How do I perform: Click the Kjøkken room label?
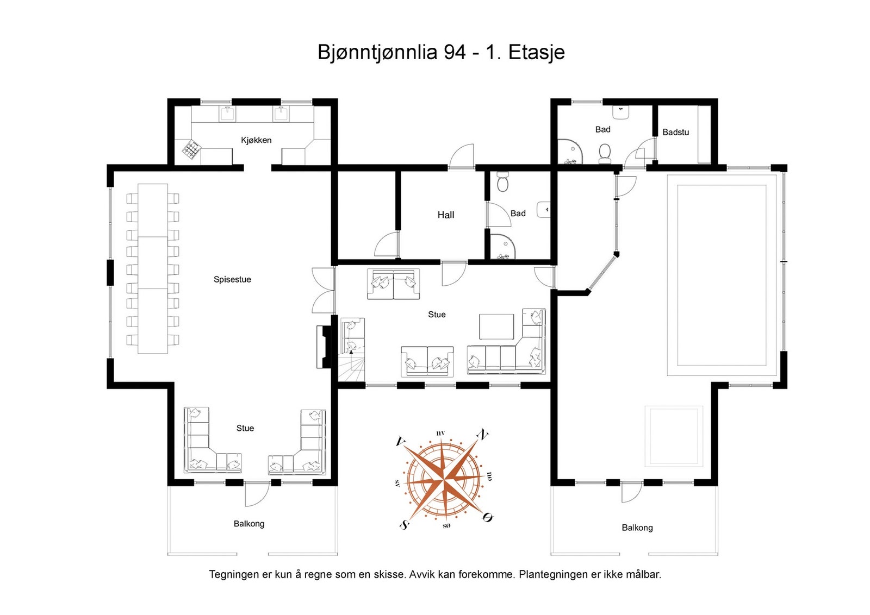coord(256,140)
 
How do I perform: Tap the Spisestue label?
coord(232,280)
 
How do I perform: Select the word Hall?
coord(446,215)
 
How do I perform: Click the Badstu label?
coord(675,132)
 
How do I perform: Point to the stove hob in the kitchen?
coord(191,149)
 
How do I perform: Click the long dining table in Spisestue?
coord(152,268)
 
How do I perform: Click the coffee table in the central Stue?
coord(496,327)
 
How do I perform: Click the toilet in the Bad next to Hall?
coord(502,183)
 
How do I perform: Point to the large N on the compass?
coord(482,434)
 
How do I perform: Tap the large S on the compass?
coord(404,525)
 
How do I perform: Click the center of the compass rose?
coord(444,480)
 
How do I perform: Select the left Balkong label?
coord(249,524)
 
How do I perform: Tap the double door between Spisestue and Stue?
coord(323,290)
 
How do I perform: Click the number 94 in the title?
coord(455,52)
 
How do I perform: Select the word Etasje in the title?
coord(536,52)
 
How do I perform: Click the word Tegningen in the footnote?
coord(234,574)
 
